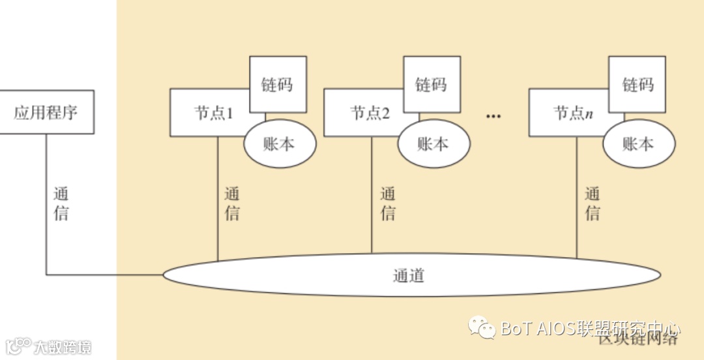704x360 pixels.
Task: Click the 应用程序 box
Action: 46,112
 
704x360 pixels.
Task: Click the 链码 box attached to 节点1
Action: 278,84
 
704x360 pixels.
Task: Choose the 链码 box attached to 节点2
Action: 432,84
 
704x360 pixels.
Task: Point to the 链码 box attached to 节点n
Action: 637,84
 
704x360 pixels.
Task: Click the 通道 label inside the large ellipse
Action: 409,276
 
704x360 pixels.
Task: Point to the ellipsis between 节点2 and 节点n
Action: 493,117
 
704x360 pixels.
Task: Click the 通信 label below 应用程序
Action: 61,203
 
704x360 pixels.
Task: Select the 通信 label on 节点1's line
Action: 232,203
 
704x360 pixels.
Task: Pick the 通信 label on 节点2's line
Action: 388,203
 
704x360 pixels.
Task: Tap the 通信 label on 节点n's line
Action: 592,203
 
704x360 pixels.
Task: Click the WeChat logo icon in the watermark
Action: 483,327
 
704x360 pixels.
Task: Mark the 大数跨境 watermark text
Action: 63,346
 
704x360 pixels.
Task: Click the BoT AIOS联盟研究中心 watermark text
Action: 591,328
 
